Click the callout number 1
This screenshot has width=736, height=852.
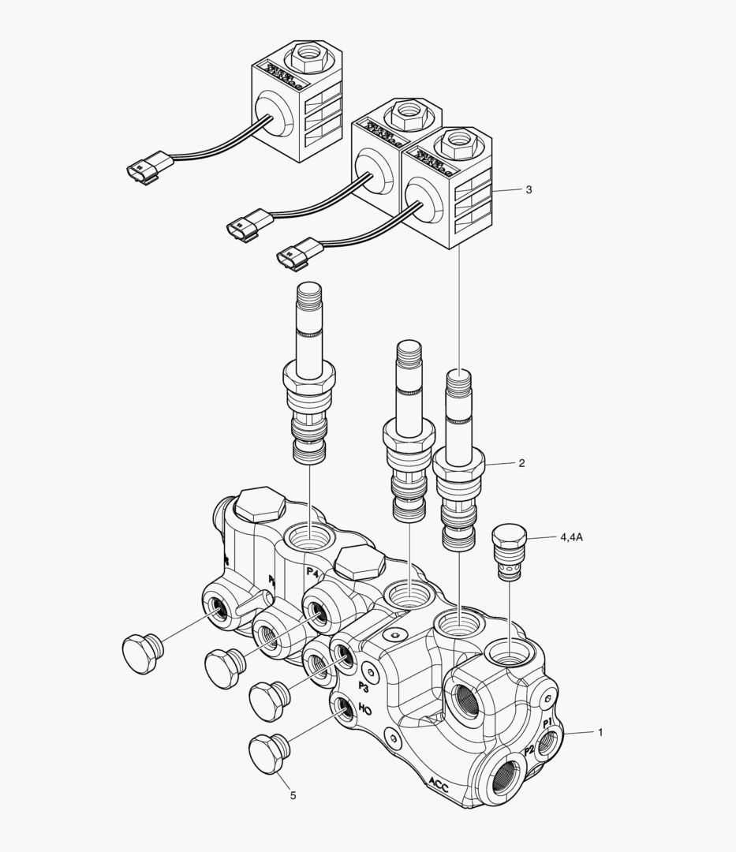coord(600,732)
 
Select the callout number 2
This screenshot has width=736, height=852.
coord(521,463)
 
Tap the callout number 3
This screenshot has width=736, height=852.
coord(529,189)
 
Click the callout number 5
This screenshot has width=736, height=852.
coord(293,795)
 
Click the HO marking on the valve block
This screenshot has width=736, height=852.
coord(364,709)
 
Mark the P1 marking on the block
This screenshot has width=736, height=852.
coord(550,722)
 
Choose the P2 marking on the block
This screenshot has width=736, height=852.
coord(530,750)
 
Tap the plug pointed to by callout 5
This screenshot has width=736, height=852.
coord(268,753)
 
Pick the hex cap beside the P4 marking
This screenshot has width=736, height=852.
coord(359,562)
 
